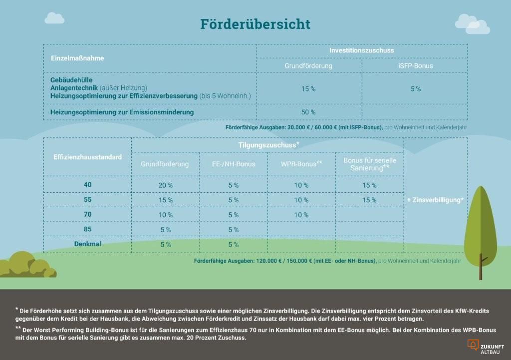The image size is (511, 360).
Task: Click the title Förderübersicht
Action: pos(255,24)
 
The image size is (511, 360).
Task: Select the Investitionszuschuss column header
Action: pos(361,50)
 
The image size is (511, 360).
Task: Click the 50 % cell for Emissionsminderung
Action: pos(308,112)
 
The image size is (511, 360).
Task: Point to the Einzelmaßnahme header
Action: pos(77,58)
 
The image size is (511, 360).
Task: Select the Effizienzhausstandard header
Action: pos(87,157)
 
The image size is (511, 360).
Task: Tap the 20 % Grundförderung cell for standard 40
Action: pos(165,185)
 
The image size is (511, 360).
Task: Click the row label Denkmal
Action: pos(87,244)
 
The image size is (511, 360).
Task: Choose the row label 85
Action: pos(87,229)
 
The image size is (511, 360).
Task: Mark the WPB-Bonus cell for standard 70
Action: pos(301,215)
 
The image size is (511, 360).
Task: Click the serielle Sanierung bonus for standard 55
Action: pos(369,200)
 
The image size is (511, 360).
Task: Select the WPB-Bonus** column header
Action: pos(301,164)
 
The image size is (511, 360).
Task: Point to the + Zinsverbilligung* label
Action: pos(435,200)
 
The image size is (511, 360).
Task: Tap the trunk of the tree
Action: pos(481,267)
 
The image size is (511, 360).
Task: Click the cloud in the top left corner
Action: pos(54,18)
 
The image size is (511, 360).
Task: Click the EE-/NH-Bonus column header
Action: pos(233,164)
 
